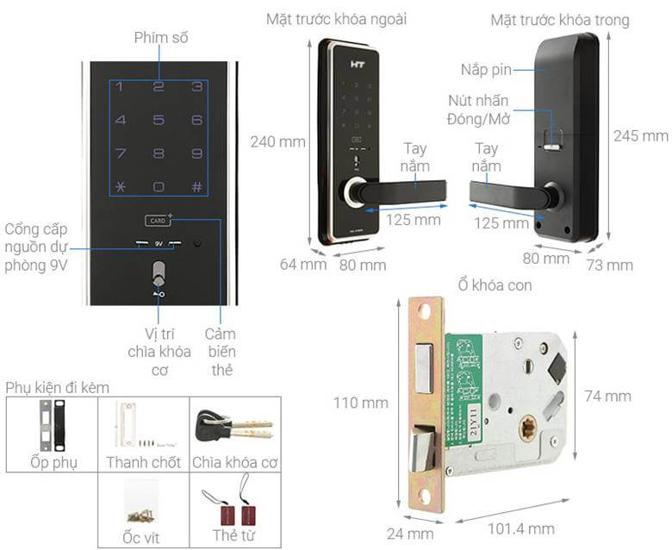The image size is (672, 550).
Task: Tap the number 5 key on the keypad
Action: [159, 120]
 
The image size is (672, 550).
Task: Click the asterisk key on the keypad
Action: [121, 186]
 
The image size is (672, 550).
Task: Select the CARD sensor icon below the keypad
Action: [159, 221]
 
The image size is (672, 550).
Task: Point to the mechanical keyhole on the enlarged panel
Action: [159, 273]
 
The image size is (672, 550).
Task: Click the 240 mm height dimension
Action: [278, 141]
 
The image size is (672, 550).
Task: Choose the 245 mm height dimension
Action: [641, 136]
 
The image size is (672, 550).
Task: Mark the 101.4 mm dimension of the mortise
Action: [521, 528]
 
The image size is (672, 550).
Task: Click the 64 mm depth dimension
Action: [303, 264]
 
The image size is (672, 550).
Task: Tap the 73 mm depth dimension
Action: [610, 265]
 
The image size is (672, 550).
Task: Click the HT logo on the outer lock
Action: [358, 65]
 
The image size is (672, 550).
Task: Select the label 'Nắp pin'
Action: [487, 70]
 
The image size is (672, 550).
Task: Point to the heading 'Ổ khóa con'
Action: [495, 285]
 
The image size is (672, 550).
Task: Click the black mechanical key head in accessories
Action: [208, 426]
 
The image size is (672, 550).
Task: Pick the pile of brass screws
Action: [140, 516]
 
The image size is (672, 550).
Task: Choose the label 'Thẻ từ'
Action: [233, 535]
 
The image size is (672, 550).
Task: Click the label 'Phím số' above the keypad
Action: [161, 38]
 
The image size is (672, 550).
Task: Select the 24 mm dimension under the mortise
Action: [410, 534]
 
